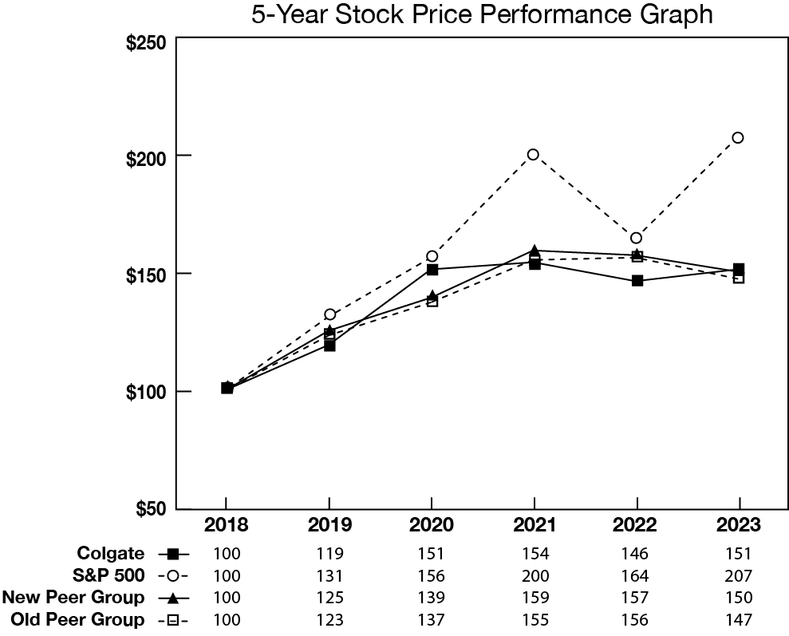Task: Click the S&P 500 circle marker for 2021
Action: click(x=533, y=154)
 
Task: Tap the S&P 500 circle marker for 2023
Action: click(x=738, y=137)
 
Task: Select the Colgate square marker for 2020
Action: click(x=432, y=269)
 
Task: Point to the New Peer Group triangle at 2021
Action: click(x=534, y=251)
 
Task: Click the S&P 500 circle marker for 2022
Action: click(x=636, y=238)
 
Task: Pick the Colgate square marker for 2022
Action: click(x=637, y=281)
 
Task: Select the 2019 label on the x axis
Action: click(x=329, y=526)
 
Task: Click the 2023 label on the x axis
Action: click(x=739, y=526)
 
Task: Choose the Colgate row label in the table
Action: click(x=111, y=553)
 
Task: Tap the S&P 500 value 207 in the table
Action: click(x=739, y=575)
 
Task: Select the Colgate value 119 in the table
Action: click(x=329, y=553)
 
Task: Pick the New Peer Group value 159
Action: click(x=534, y=597)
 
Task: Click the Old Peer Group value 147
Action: click(x=739, y=619)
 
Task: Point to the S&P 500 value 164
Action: click(x=636, y=575)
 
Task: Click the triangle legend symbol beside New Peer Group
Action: click(x=174, y=598)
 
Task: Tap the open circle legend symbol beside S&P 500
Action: click(x=174, y=575)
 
